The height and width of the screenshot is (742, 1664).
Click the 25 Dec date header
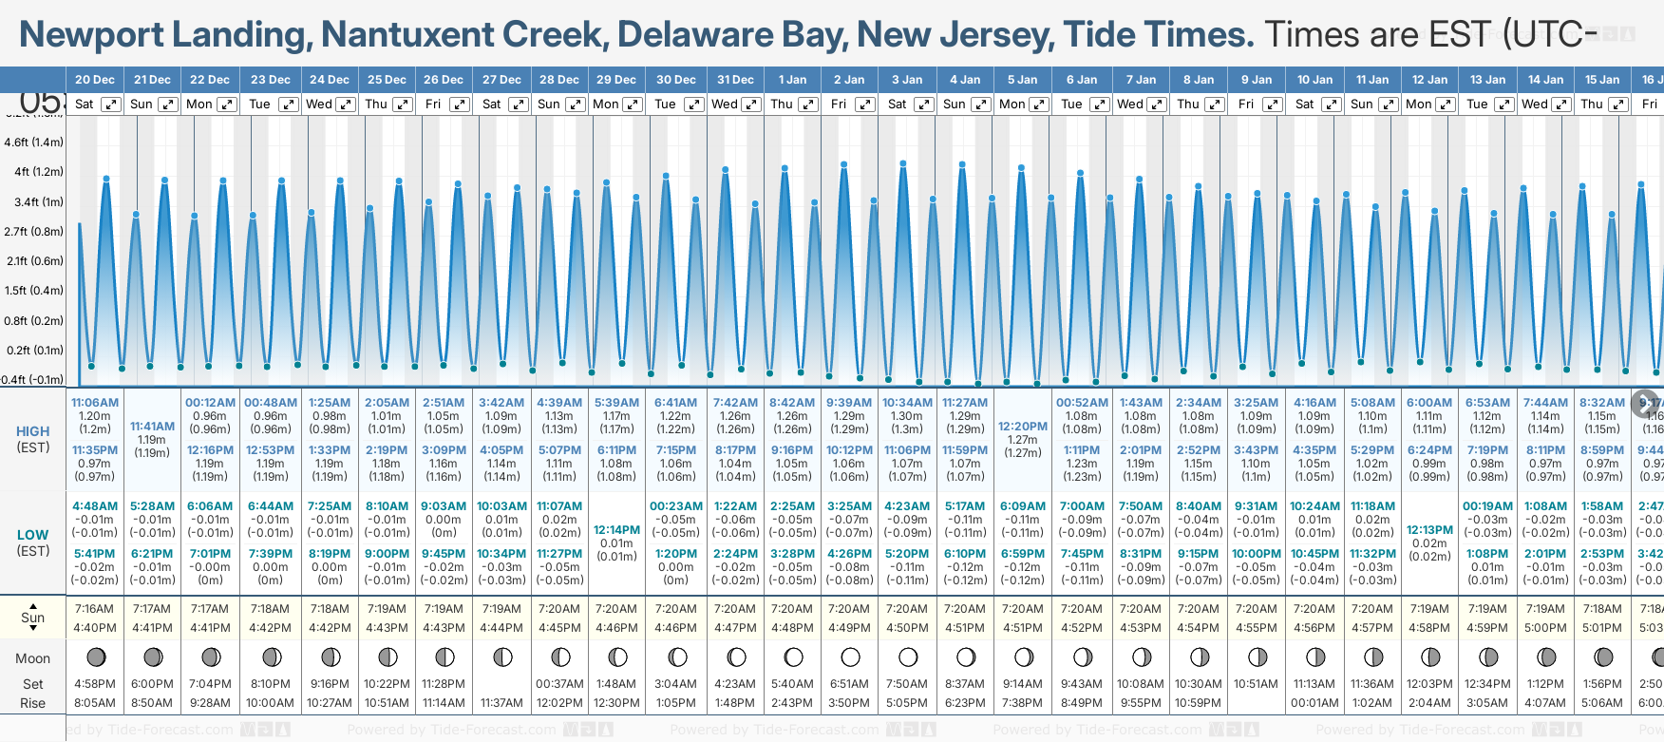(x=387, y=80)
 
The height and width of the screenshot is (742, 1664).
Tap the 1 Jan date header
(x=792, y=80)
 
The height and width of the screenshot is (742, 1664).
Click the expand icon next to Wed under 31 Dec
(x=750, y=105)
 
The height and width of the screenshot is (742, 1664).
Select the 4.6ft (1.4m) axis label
(x=33, y=143)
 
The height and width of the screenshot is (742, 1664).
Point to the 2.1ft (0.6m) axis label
(x=33, y=261)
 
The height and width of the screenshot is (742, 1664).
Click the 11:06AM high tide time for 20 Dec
(x=95, y=403)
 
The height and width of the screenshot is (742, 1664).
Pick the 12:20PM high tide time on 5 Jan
(x=1023, y=427)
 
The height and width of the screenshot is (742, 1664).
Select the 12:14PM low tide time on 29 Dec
(x=616, y=530)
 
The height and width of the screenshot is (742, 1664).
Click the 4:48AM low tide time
(x=95, y=506)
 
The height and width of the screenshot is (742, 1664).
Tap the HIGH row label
(x=32, y=431)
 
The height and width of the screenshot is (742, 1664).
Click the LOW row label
(x=32, y=535)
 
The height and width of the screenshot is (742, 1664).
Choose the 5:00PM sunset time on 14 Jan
(x=1545, y=628)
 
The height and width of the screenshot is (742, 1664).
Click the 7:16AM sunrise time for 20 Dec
(x=94, y=609)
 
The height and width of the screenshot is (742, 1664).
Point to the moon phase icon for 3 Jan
(x=908, y=656)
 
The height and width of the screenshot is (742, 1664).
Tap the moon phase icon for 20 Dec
(x=95, y=656)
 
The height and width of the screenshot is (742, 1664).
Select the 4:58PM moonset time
(x=94, y=684)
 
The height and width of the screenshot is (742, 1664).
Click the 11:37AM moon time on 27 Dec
(x=501, y=703)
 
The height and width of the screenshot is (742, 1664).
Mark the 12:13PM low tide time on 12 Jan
(x=1429, y=530)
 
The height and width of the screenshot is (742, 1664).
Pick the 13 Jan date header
(x=1488, y=80)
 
